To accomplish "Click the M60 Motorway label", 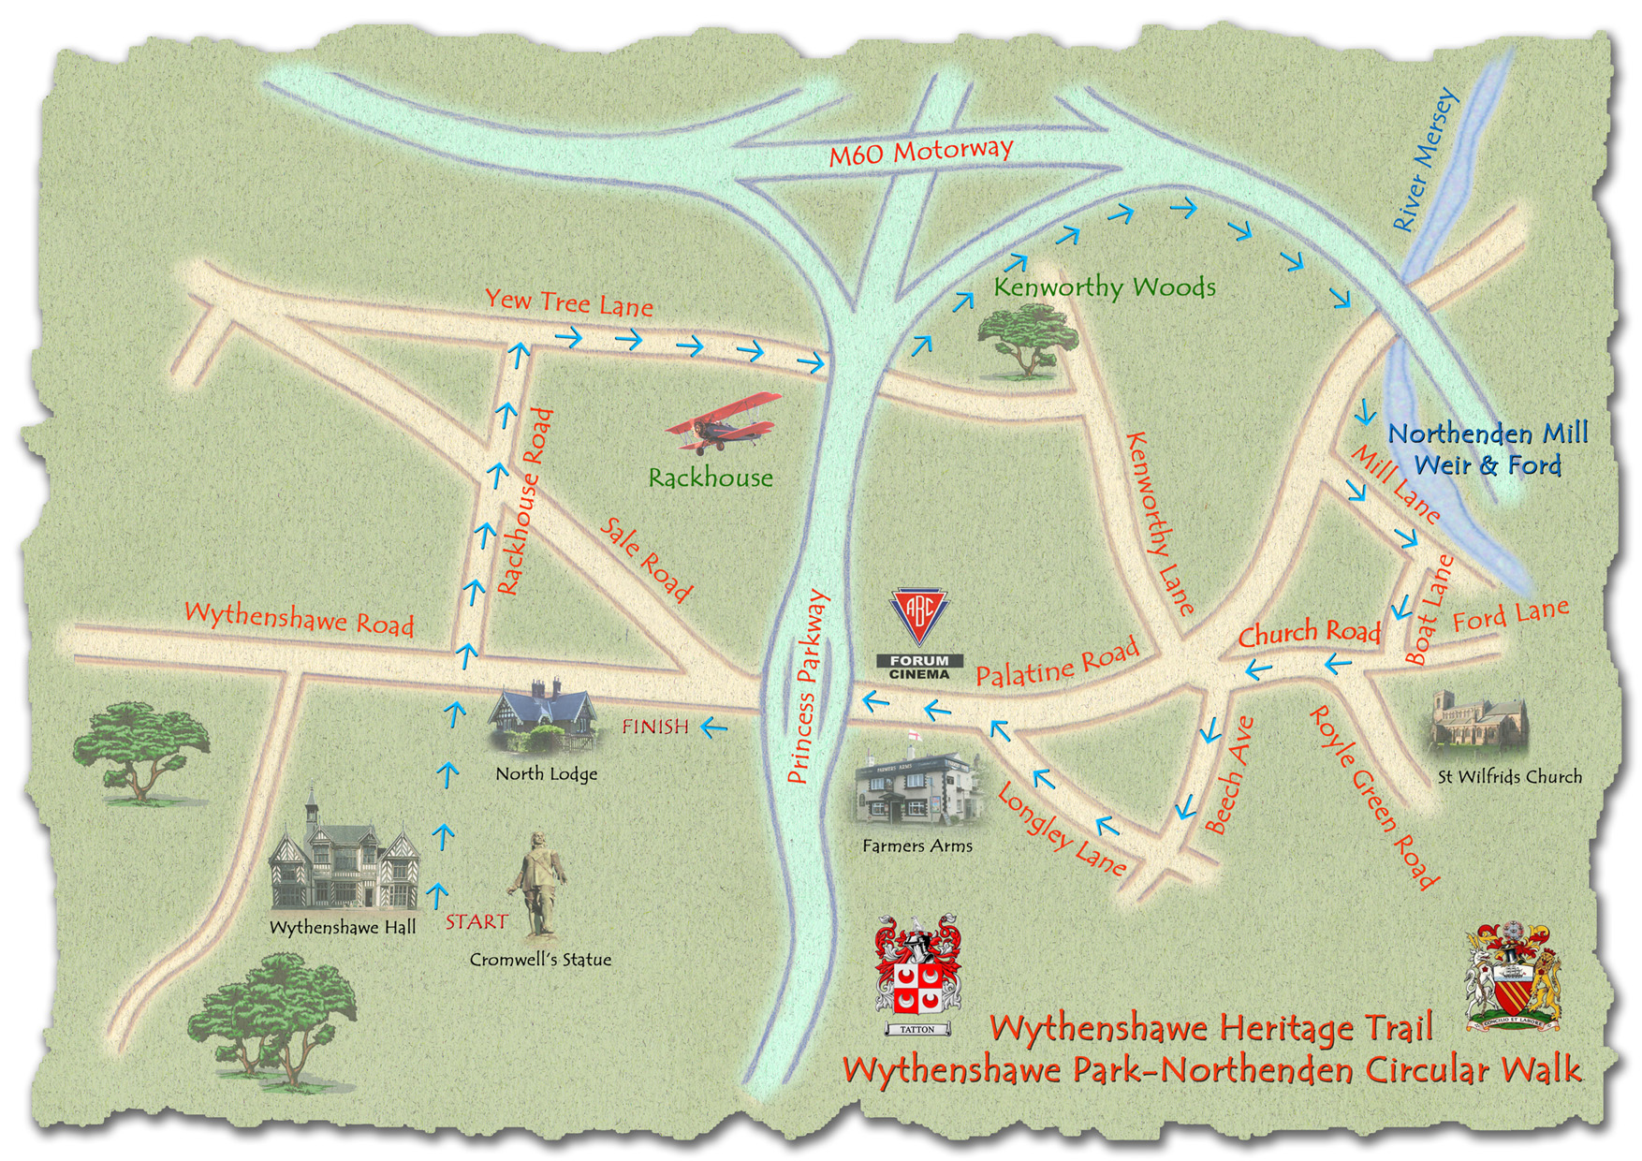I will pyautogui.click(x=920, y=151).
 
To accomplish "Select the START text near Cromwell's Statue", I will pyautogui.click(x=476, y=922).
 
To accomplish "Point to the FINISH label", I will pyautogui.click(x=655, y=727).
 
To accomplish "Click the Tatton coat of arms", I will pyautogui.click(x=917, y=974).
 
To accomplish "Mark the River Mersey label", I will pyautogui.click(x=1425, y=160).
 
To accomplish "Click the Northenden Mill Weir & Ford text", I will pyautogui.click(x=1487, y=449).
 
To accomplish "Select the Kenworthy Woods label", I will pyautogui.click(x=1105, y=287).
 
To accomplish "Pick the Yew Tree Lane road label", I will pyautogui.click(x=568, y=302).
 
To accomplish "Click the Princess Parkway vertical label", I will pyautogui.click(x=808, y=686).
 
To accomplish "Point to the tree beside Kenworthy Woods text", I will pyautogui.click(x=1027, y=340).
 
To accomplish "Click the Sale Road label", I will pyautogui.click(x=646, y=559).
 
